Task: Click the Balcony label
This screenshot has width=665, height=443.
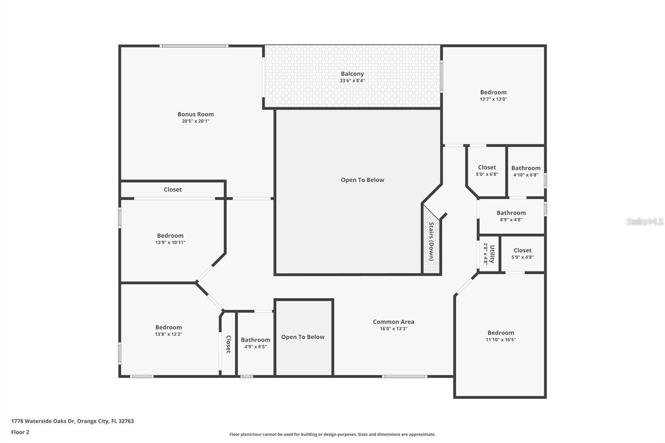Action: (352, 74)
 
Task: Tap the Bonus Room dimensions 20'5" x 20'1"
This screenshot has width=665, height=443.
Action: (195, 121)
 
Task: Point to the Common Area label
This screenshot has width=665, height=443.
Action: (393, 322)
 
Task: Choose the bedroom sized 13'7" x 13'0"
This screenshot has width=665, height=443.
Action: (493, 95)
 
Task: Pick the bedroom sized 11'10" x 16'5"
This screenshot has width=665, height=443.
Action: (500, 336)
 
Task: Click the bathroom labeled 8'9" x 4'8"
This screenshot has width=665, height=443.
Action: (511, 216)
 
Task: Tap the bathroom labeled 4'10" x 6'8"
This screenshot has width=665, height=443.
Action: (526, 171)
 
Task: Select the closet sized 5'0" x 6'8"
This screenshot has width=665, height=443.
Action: (487, 170)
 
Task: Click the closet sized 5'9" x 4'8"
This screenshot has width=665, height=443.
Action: (522, 253)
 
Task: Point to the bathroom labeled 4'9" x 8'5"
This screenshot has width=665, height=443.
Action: (255, 343)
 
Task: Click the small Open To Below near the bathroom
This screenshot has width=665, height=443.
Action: (303, 337)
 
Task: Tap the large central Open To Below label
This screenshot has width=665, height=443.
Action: (362, 180)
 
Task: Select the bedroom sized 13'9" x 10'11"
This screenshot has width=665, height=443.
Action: (170, 239)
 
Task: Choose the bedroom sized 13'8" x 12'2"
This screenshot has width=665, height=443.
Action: (168, 330)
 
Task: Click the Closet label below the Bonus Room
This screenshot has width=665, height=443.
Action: (172, 190)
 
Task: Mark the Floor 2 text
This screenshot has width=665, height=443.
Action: (20, 432)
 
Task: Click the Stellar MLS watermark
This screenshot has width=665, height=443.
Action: (644, 221)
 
